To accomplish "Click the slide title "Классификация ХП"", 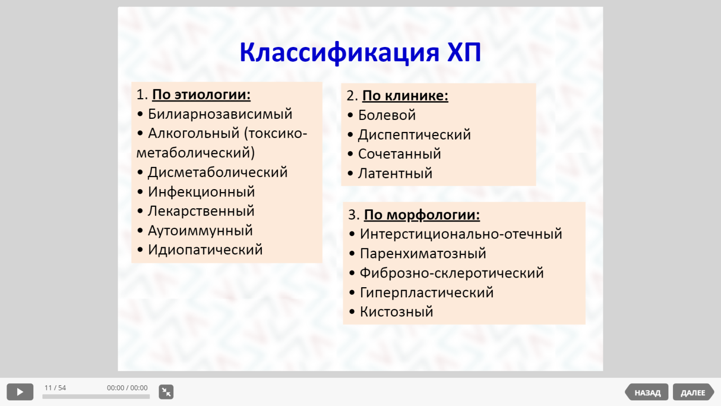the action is [x=360, y=53].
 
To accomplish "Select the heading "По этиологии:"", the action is [x=201, y=95].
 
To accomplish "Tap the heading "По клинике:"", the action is [x=405, y=96].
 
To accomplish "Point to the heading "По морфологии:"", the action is [x=422, y=215].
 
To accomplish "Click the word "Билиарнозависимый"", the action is [x=220, y=114].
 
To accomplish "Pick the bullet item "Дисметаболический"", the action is [x=218, y=172].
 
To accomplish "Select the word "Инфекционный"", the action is [x=201, y=192].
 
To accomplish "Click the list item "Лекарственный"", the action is [x=201, y=211].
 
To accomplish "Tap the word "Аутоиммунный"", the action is [x=200, y=231].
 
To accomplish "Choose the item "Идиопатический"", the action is [x=205, y=250].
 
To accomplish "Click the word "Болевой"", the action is [x=387, y=115].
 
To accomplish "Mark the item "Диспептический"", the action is [x=414, y=134].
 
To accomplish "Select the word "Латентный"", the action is [x=395, y=173].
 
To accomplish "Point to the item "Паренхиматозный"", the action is [x=423, y=254].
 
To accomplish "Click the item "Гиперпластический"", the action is [x=426, y=293].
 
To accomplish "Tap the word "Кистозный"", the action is [x=397, y=311].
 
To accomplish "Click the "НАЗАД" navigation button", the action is [x=647, y=392].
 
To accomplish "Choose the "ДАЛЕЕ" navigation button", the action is [x=693, y=392].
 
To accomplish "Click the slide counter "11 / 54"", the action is [x=55, y=388].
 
